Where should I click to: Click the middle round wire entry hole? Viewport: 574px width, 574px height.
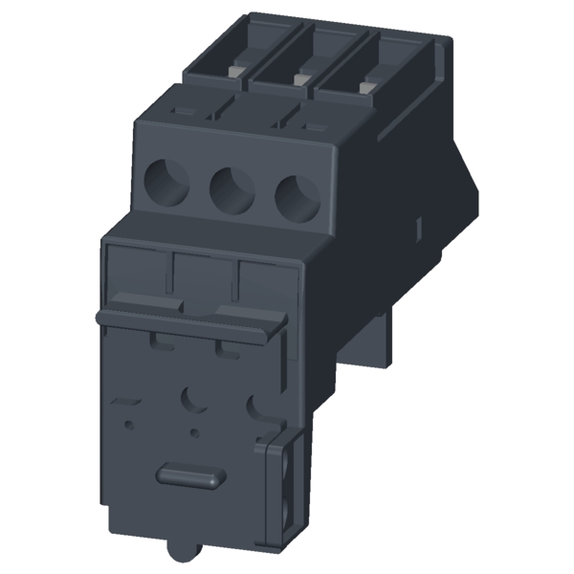pyautogui.click(x=232, y=188)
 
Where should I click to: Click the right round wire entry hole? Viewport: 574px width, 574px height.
pyautogui.click(x=297, y=196)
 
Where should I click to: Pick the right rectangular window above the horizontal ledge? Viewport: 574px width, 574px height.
pyautogui.click(x=265, y=284)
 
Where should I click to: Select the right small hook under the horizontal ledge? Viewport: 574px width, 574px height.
pyautogui.click(x=228, y=346)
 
